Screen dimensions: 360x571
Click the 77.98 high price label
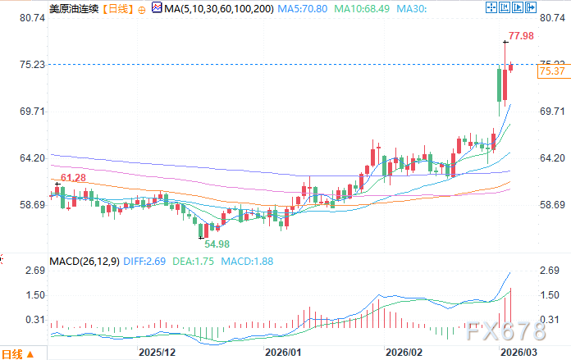521,36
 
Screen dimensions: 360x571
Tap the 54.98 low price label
217,244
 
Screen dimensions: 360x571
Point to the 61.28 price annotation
73,178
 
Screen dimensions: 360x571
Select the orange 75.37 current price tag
551,72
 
